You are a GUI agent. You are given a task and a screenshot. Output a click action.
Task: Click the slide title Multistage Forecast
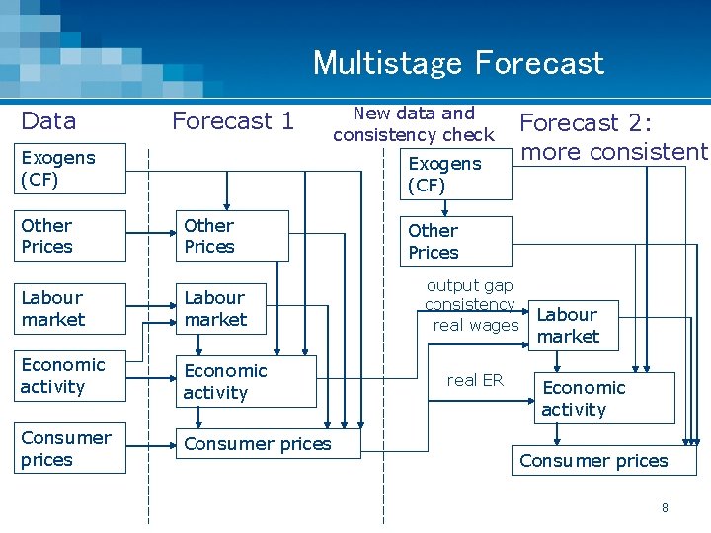pyautogui.click(x=458, y=63)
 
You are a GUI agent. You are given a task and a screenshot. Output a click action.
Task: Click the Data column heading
pyautogui.click(x=48, y=121)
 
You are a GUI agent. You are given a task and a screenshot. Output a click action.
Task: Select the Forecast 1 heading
pyautogui.click(x=233, y=121)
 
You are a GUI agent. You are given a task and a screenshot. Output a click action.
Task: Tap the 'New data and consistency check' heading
pyautogui.click(x=414, y=123)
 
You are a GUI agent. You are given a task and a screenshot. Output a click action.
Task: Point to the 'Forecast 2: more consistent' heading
pyautogui.click(x=613, y=136)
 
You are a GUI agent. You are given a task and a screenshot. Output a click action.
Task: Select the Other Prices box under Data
pyautogui.click(x=73, y=236)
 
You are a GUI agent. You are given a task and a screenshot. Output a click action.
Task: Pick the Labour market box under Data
pyautogui.click(x=73, y=308)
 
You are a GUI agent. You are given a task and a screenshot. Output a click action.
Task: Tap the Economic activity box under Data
pyautogui.click(x=73, y=376)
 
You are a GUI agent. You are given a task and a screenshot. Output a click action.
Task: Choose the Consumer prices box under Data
pyautogui.click(x=73, y=448)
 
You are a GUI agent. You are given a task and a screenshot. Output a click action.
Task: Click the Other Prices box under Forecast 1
pyautogui.click(x=235, y=236)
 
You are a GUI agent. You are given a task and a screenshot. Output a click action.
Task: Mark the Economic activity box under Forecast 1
pyautogui.click(x=247, y=381)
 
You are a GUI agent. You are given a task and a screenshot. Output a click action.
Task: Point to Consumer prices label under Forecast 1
pyautogui.click(x=257, y=444)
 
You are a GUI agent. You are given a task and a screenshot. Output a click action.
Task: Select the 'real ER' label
pyautogui.click(x=475, y=380)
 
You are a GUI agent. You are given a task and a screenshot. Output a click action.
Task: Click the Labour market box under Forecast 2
pyautogui.click(x=574, y=326)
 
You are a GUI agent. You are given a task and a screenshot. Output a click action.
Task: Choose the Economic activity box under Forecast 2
pyautogui.click(x=603, y=398)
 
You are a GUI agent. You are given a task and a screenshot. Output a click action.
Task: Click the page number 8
pyautogui.click(x=665, y=507)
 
